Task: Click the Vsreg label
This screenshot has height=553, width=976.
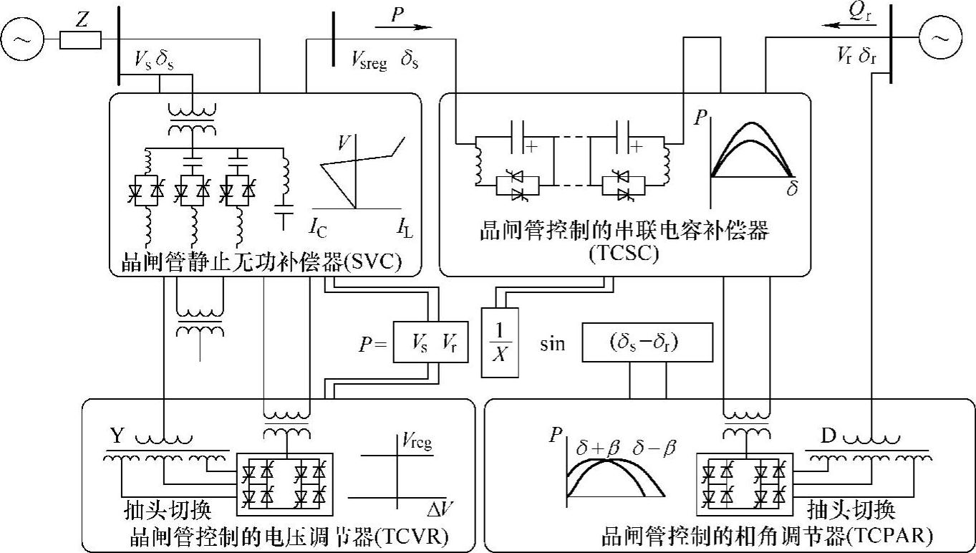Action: [369, 62]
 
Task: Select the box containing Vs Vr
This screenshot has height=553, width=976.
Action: [428, 345]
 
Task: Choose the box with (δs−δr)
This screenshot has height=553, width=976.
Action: [647, 342]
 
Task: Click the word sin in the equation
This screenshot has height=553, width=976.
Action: [551, 344]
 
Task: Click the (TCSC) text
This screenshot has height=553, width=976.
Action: [624, 254]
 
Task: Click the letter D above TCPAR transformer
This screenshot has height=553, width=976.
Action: [828, 435]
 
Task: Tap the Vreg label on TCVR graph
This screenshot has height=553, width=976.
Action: [416, 443]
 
